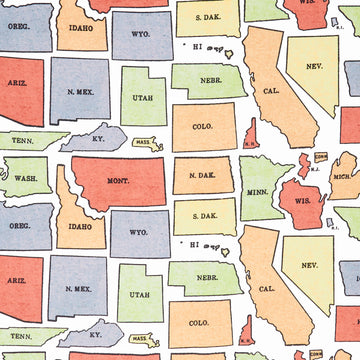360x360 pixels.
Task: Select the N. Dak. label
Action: pos(202,176)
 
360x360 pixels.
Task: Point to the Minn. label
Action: pos(257,191)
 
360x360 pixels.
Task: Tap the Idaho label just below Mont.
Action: pos(79,227)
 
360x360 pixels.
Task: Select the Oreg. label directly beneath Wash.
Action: pos(19,226)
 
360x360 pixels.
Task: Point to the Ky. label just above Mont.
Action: pos(97,138)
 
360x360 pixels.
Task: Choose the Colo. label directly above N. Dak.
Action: pos(201,126)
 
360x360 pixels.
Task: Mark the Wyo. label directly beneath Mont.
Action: pos(140,231)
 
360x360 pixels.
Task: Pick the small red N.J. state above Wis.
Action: pos(303,163)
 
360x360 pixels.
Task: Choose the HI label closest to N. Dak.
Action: pos(195,243)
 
